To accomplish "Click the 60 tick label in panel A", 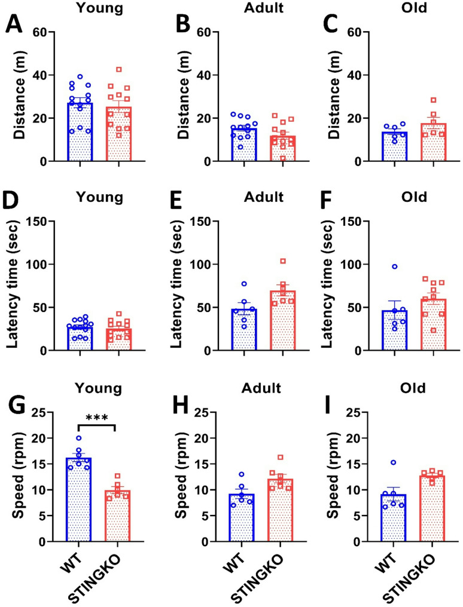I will point(41,32).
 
